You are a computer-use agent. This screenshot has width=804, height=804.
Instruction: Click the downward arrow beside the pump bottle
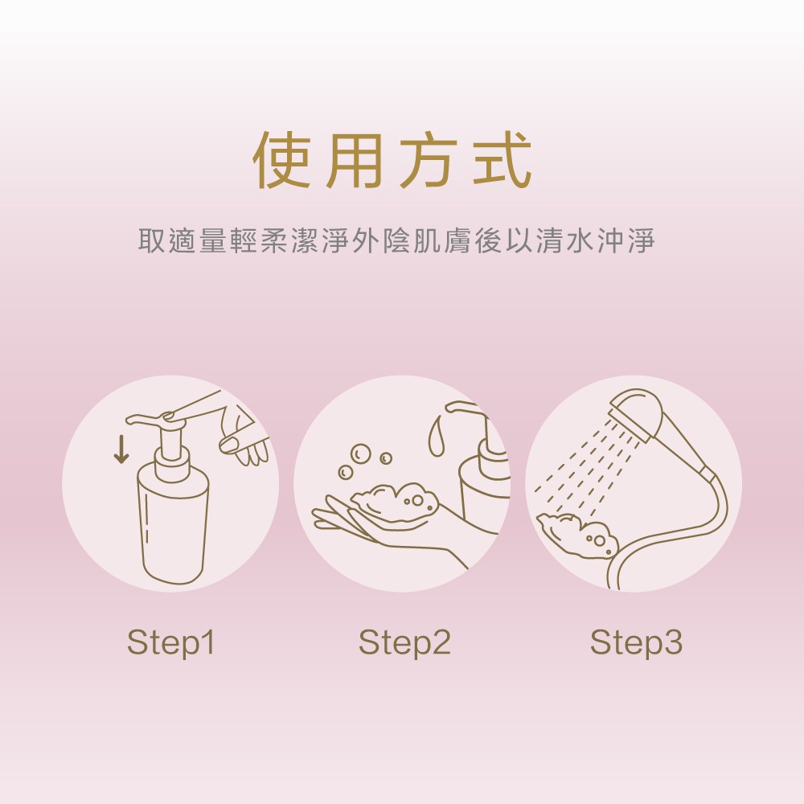point(121,449)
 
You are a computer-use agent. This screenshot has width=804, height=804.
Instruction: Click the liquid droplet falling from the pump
point(437,436)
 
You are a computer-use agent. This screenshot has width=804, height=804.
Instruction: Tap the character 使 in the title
point(282,159)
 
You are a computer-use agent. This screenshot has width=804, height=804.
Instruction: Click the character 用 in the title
point(355,159)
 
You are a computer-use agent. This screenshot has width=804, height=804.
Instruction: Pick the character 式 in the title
point(502,159)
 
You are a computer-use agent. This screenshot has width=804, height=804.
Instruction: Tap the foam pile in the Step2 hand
point(396,502)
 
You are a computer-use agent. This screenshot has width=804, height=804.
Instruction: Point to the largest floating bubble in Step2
point(360,453)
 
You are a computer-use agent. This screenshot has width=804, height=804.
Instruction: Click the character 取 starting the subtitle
point(151,240)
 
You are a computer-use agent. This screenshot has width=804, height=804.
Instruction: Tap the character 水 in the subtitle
point(580,240)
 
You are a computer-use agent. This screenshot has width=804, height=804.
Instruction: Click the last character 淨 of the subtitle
point(642,240)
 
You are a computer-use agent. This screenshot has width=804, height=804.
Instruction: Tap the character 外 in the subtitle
point(366,240)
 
